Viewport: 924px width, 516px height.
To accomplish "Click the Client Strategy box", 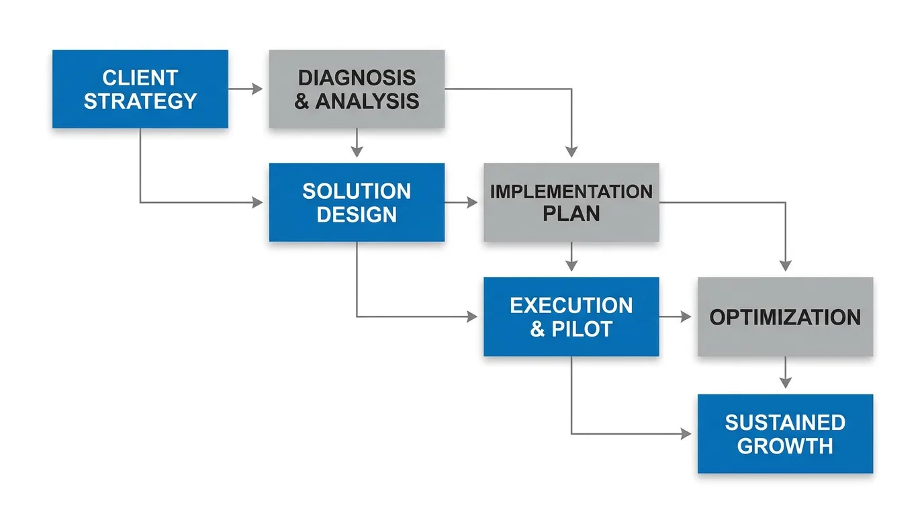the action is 140,89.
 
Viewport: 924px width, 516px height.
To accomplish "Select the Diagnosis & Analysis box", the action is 357,89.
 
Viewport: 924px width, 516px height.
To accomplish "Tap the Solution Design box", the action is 357,202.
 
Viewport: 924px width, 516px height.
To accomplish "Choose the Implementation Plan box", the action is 571,202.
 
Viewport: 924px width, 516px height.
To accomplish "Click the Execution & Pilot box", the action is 571,316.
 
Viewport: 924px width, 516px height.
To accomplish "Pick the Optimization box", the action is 786,316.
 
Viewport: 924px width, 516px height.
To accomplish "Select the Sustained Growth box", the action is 786,434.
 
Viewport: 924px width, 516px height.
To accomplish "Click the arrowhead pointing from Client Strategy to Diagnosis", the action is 257,89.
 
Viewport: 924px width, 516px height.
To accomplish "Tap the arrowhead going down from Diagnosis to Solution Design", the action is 357,151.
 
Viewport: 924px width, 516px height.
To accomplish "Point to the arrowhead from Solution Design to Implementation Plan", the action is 472,202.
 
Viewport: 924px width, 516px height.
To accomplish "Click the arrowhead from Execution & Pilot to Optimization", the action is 686,316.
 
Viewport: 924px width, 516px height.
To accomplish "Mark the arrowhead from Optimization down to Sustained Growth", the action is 786,383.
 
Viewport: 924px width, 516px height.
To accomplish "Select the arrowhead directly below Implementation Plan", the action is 571,266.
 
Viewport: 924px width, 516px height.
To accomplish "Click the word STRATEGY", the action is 140,101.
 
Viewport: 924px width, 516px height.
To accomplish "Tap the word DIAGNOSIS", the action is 357,78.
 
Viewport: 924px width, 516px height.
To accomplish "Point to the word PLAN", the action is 571,214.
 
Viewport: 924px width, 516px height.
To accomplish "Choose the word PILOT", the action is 582,329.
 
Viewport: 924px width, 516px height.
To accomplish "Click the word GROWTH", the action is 786,446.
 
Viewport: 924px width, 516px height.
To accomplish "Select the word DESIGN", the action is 357,214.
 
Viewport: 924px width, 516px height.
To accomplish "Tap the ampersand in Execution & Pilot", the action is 537,329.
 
